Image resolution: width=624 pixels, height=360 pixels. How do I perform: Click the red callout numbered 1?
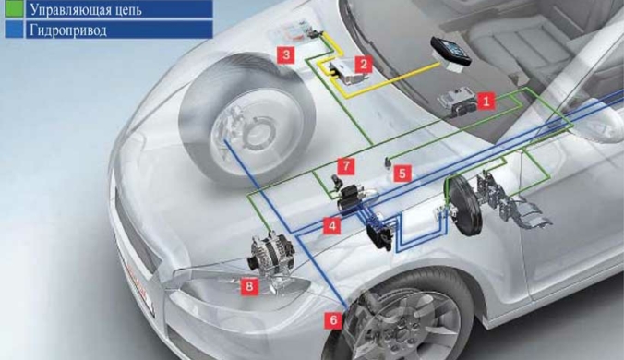486,101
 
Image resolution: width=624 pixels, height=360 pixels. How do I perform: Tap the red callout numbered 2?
364,64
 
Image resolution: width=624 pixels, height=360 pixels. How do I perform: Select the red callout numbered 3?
286,54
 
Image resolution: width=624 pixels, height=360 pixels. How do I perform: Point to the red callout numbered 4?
332,225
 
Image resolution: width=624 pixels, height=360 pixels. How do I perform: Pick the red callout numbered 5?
402,174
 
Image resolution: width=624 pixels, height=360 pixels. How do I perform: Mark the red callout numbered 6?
333,319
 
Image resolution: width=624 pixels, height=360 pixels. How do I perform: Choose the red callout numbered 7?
346,166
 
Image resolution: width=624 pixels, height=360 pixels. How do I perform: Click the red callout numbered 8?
249,286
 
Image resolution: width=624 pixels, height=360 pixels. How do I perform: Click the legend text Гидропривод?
68,30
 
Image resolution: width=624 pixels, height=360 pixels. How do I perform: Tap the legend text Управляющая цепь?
86,9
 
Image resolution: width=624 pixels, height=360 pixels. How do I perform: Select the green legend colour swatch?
15,8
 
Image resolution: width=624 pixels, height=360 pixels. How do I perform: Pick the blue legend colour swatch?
15,30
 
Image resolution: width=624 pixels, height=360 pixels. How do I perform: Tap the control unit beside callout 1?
456,102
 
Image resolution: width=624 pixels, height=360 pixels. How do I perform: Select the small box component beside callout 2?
343,72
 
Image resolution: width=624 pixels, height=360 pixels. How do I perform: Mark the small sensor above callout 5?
387,162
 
